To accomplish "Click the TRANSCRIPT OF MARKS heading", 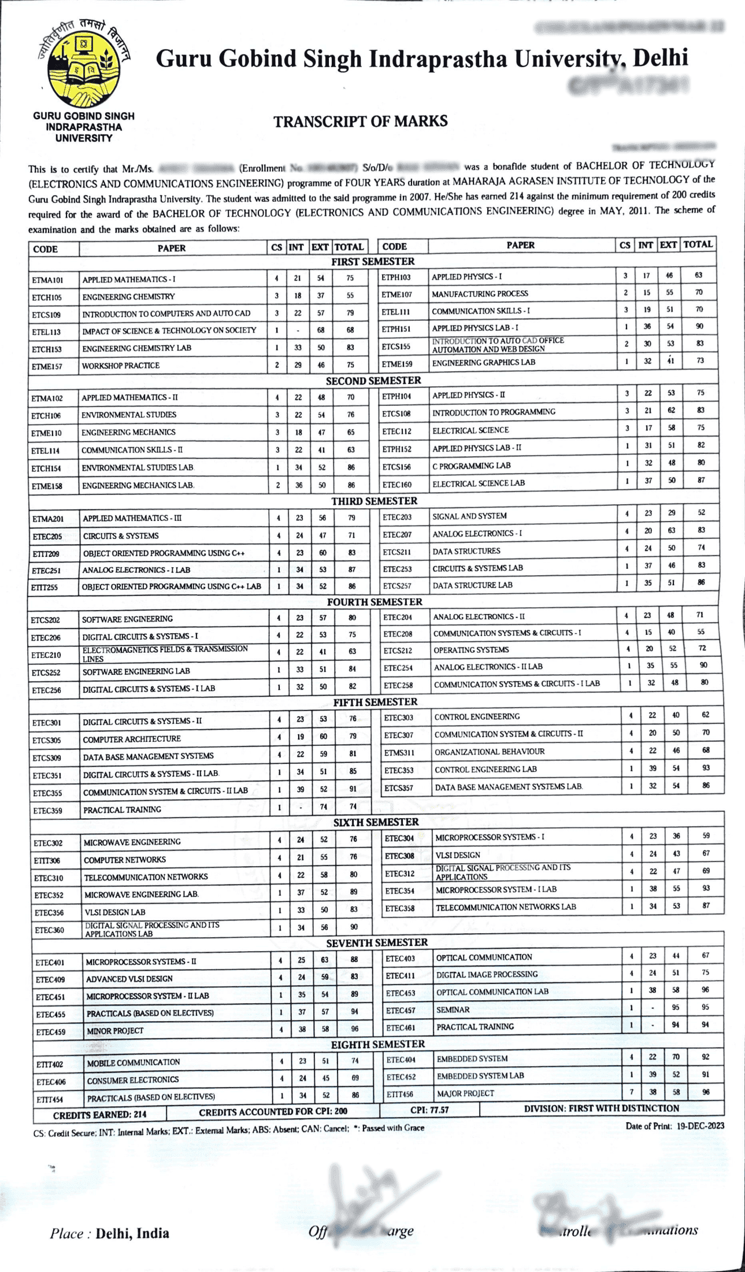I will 360,121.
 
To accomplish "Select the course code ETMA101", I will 47,280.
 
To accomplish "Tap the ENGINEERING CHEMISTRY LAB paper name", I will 136,348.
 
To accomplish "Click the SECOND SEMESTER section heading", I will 373,380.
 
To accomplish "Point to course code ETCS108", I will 396,413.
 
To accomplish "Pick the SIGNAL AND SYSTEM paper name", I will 469,516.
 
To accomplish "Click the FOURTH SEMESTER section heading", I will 374,602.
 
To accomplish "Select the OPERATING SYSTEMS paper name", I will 471,650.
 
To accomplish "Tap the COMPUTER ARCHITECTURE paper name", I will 132,739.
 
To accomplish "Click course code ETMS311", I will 399,753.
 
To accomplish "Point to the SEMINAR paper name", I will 453,1010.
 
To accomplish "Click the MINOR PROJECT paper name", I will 115,1030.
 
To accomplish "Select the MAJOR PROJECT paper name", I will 465,1093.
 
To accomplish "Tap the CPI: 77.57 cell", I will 429,1110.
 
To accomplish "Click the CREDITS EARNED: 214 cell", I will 99,1114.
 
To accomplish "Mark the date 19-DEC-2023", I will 700,1126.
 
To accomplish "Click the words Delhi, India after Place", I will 132,1233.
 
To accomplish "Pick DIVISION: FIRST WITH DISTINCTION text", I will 601,1108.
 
